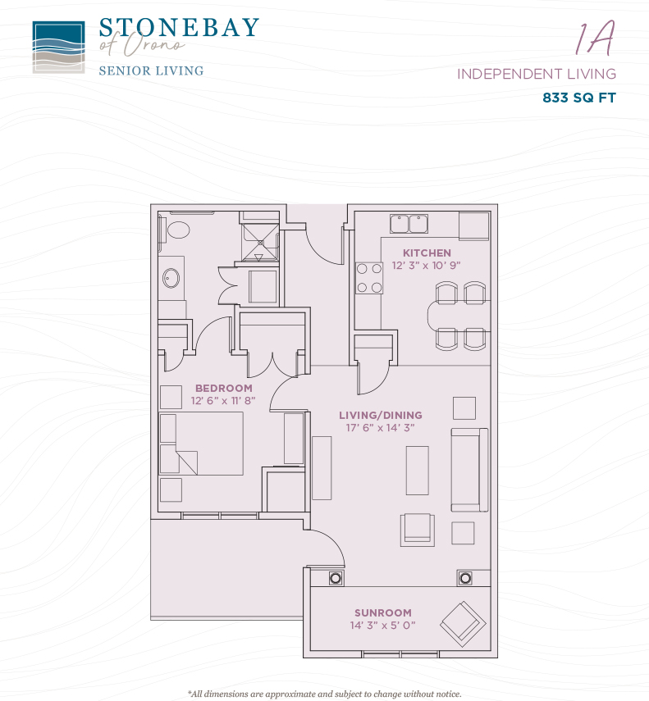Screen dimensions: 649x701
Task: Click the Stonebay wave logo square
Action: (x=58, y=48)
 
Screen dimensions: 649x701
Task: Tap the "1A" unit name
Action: (x=596, y=39)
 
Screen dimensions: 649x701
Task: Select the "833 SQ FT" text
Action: (x=579, y=98)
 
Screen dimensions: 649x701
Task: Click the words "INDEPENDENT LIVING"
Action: (x=537, y=74)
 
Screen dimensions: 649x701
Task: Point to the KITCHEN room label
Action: (x=427, y=253)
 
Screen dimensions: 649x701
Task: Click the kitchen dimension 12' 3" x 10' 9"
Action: (x=427, y=266)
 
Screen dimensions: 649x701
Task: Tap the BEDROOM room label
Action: (x=224, y=388)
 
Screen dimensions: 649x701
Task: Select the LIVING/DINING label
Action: (x=381, y=415)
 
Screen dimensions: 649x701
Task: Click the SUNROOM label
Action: (x=383, y=612)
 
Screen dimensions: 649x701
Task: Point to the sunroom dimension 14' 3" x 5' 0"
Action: (x=383, y=625)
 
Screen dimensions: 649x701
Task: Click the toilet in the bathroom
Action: (x=176, y=230)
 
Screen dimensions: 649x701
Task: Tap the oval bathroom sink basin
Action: (x=171, y=278)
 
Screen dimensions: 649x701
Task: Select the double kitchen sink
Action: (x=409, y=224)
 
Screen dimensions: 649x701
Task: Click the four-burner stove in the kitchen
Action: (x=369, y=278)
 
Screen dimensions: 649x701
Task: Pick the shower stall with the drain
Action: (x=260, y=243)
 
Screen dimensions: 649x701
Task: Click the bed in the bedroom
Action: (x=201, y=444)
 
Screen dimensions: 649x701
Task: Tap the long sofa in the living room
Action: (x=469, y=470)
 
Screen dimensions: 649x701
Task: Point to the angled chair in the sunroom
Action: (x=463, y=624)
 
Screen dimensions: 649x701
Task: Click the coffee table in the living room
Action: (x=418, y=471)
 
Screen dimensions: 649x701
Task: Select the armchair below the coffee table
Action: (x=418, y=530)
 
